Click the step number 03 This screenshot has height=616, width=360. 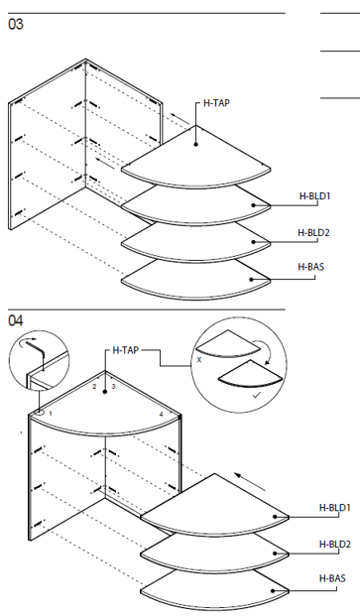16,25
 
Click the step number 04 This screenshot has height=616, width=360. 16,321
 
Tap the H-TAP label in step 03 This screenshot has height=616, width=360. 216,103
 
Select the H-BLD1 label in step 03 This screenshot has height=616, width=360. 314,196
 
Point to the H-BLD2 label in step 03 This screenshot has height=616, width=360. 313,232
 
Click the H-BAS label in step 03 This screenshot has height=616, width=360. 311,267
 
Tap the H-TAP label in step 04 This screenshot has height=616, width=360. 126,350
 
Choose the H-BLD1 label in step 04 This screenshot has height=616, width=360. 334,508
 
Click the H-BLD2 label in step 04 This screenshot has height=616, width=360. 335,545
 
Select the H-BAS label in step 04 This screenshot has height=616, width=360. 332,578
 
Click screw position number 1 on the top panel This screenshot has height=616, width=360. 51,414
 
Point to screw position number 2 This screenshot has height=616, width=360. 94,387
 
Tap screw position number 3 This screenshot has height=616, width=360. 113,387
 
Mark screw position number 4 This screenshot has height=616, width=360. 161,415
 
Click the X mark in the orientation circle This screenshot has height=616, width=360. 199,360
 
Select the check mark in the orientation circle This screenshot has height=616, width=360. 256,396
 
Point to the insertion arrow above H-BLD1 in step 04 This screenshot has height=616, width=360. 250,482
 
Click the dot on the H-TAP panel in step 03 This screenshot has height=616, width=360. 196,144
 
